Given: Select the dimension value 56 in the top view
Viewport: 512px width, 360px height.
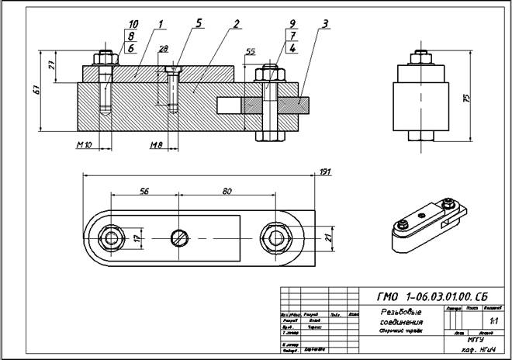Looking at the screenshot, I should pos(144,190).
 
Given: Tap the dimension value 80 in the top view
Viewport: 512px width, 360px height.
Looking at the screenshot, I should pos(227,190).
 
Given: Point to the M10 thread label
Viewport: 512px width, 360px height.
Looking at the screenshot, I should pos(85,145).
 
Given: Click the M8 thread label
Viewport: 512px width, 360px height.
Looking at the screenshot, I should pos(157,145).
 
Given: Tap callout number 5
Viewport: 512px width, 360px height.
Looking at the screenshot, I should pos(199,24).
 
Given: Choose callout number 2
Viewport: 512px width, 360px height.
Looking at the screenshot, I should pos(234,24).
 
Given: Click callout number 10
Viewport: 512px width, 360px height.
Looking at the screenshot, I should pos(133,24).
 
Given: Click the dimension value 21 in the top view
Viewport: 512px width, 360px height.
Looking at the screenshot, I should pos(327,237).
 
